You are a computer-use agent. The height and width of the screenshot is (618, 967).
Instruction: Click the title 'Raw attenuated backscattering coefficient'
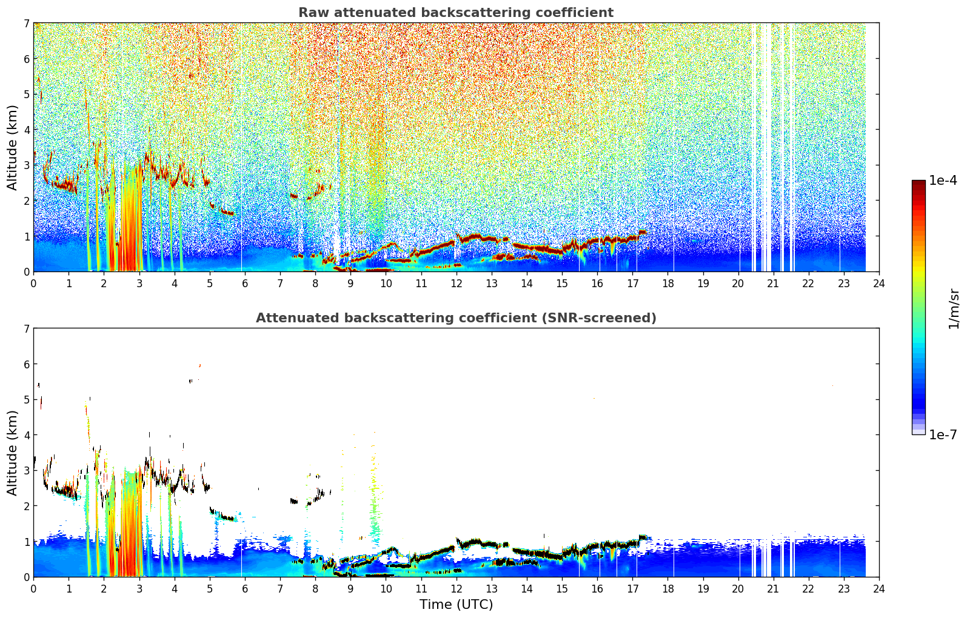point(456,13)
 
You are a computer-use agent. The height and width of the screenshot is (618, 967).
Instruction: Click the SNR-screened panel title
point(456,317)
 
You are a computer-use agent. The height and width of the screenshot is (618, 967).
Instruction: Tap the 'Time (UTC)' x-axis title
point(456,605)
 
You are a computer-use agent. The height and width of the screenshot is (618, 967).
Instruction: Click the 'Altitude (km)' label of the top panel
point(12,148)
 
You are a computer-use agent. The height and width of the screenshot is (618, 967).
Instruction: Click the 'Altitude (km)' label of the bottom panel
point(12,453)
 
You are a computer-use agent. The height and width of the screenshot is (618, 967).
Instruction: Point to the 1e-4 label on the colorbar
point(943,181)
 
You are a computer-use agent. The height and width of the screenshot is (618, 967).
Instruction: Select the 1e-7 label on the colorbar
point(943,434)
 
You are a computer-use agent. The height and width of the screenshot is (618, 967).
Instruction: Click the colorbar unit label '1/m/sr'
point(954,309)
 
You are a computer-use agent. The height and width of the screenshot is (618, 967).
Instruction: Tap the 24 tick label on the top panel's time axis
point(879,284)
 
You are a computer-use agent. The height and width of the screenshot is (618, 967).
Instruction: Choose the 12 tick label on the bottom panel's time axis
point(457,589)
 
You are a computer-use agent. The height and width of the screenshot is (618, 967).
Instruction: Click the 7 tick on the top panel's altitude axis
point(27,23)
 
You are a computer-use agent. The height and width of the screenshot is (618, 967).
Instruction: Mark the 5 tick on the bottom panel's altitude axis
point(27,400)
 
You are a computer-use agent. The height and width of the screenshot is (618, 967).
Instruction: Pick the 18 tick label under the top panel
point(668,284)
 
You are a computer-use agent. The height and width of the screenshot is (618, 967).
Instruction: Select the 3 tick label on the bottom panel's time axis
point(139,589)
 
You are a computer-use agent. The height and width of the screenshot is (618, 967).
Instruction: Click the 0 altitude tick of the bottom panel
point(27,577)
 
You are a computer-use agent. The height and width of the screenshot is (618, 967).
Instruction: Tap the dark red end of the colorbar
point(918,183)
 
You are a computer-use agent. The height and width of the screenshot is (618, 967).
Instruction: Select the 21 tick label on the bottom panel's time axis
point(773,589)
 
